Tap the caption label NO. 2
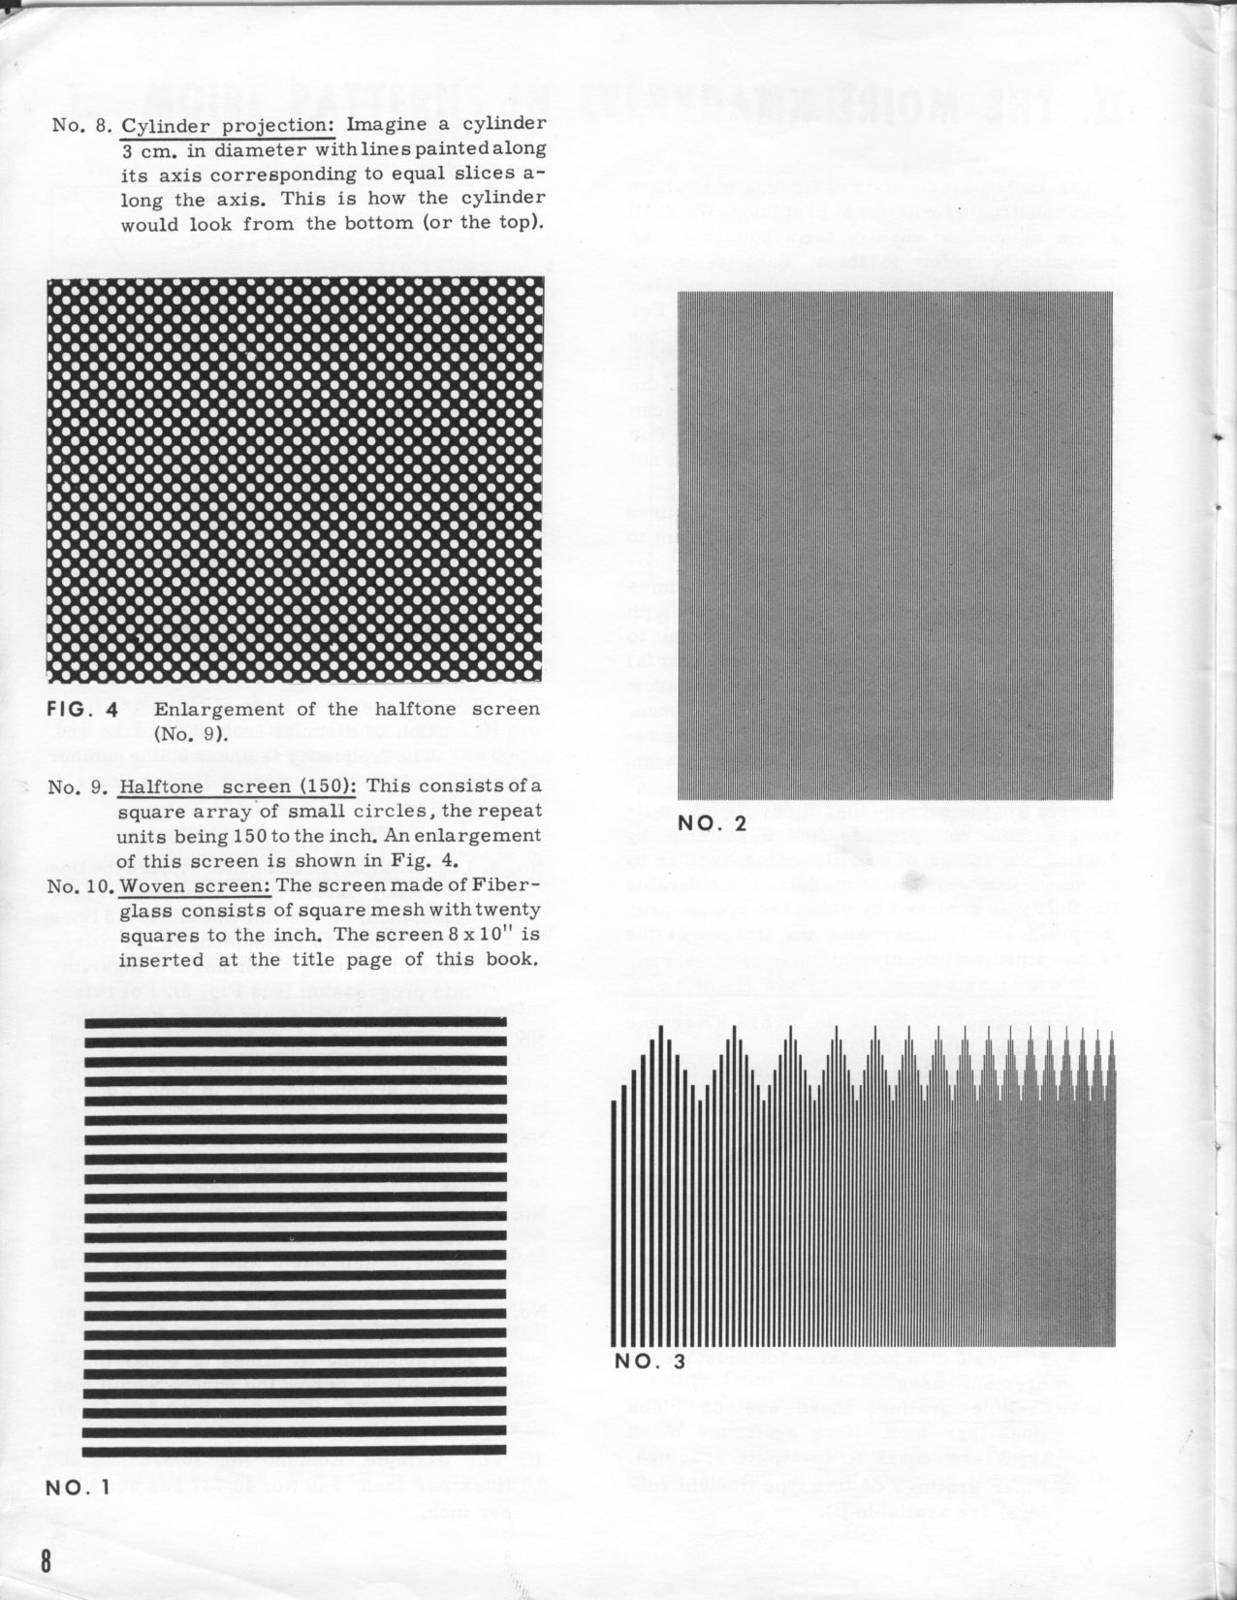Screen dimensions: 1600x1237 click(713, 823)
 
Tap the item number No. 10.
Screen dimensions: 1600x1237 click(79, 885)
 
